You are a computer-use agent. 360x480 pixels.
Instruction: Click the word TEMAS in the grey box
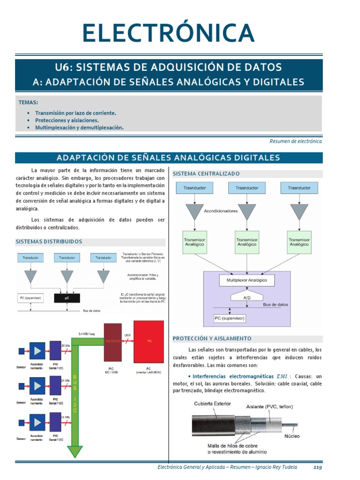tap(28, 102)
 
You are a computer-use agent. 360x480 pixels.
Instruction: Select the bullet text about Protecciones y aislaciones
tap(67, 120)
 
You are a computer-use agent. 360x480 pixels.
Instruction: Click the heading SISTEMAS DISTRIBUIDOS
tap(49, 242)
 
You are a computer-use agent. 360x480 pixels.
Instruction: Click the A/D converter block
tap(247, 298)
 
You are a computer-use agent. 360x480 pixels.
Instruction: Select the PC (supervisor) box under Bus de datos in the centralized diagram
tap(230, 318)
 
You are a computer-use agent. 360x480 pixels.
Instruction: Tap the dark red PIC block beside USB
tap(112, 342)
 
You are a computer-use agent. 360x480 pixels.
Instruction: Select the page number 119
tap(317, 467)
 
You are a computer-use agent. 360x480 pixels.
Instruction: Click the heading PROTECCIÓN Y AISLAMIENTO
tap(212, 338)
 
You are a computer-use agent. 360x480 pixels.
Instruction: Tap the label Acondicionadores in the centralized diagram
tap(221, 211)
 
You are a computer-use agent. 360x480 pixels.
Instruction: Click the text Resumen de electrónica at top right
tap(295, 141)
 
